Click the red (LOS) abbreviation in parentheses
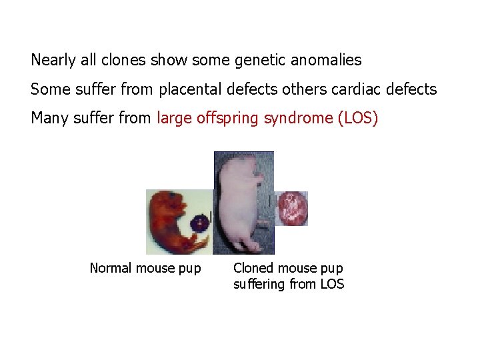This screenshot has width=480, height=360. (x=358, y=119)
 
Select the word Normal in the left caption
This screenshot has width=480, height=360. (x=111, y=269)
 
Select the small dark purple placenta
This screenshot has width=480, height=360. (x=199, y=223)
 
